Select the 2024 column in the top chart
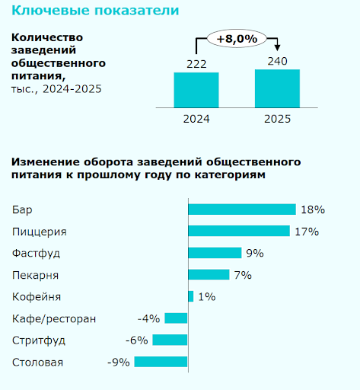pos(196,90)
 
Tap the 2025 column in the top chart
pos(277,88)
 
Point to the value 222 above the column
pos(196,63)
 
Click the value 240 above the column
pos(277,60)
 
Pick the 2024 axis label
pos(196,119)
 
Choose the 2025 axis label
pos(277,119)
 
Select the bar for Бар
pos(242,209)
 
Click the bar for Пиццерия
pos(239,231)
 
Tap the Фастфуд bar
pos(215,253)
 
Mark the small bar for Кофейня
pos(190,296)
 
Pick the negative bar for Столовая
pos(161,363)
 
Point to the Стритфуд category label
pos(40,340)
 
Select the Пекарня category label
pos(36,275)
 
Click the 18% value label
pos(313,209)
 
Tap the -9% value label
pos(119,363)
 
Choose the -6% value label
pos(137,340)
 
